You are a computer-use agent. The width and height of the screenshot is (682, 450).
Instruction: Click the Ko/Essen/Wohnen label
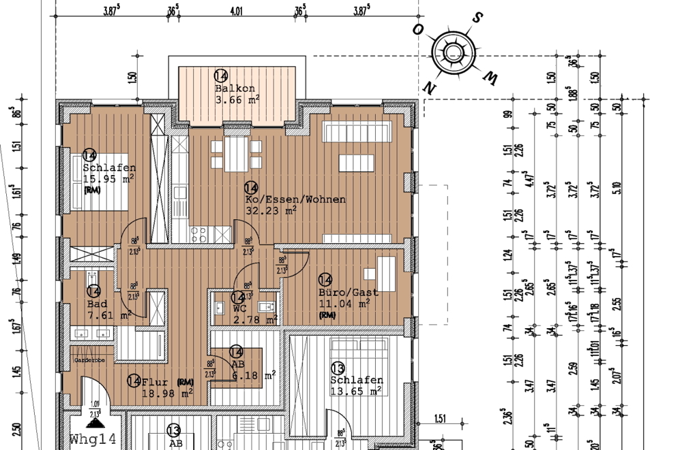295,199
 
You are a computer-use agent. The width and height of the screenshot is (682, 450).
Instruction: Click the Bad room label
98,304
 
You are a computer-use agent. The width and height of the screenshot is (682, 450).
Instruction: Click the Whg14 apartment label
93,439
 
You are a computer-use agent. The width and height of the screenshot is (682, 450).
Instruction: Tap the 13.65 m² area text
356,391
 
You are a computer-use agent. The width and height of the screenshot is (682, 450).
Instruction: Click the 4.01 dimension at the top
237,12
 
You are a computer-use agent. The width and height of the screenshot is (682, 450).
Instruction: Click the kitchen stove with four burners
200,234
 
